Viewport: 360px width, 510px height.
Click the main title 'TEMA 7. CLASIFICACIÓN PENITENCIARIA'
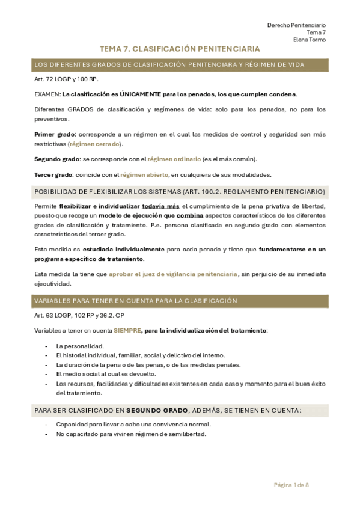180,49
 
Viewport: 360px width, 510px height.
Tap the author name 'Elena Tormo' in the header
310,40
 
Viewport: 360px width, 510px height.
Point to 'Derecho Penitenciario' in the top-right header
296,25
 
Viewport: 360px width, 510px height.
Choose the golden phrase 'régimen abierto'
144,174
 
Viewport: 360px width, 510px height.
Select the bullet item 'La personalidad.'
80,346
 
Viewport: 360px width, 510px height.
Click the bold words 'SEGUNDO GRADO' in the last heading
156,410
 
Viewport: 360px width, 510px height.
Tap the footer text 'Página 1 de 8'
290,485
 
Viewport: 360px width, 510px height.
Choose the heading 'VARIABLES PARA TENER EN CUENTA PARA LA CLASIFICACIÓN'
136,301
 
